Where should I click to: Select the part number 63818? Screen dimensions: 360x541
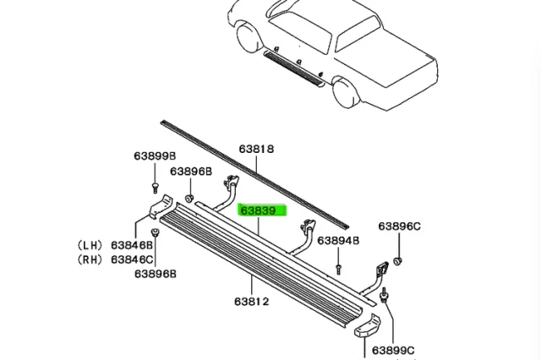(x=254, y=150)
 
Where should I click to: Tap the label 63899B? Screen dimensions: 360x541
(x=154, y=156)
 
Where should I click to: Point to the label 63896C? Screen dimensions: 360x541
(x=399, y=226)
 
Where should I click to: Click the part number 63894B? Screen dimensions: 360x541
(x=338, y=240)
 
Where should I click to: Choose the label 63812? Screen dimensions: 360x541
(x=252, y=300)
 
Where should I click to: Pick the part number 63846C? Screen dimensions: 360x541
(x=132, y=259)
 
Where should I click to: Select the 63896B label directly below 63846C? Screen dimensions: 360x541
(x=154, y=274)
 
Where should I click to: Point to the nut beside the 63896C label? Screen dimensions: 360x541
(x=400, y=257)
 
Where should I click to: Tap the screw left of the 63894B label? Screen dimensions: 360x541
(x=337, y=268)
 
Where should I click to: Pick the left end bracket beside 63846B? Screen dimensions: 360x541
(x=161, y=207)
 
